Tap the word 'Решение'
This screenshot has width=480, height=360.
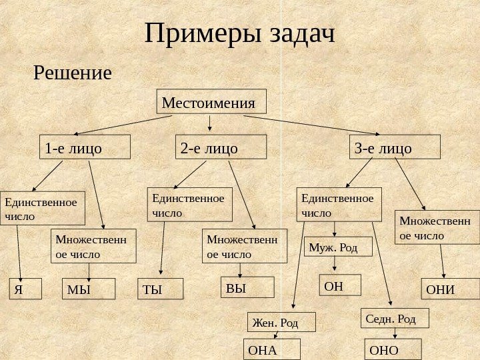point(73,72)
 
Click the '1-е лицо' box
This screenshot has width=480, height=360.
point(84,147)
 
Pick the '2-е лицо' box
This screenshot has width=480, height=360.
point(220,147)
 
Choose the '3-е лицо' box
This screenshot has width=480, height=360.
point(395,147)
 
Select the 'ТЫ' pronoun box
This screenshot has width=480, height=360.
point(160,288)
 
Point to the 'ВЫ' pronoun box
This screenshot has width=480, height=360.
point(247,287)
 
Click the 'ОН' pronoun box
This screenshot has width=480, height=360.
point(340,285)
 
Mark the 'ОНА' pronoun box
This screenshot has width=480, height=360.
point(273,349)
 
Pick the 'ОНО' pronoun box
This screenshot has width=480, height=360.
point(393,349)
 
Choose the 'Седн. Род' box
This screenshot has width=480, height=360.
point(395,318)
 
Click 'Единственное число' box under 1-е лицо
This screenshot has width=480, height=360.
point(43,208)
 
